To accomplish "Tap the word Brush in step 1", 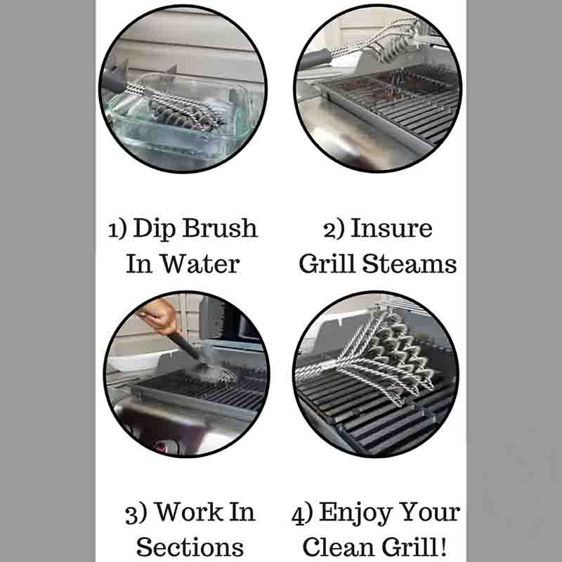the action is (220, 228).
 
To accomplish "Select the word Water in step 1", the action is (200, 264).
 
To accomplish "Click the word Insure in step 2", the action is (391, 228).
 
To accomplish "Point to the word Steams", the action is (410, 264).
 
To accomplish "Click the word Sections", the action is (190, 547).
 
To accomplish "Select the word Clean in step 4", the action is (339, 547).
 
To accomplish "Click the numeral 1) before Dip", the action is (117, 230).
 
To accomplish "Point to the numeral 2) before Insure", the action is (334, 230).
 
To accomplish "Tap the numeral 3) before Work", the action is (136, 514).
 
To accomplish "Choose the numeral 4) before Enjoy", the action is (303, 514).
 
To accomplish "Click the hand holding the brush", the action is (160, 315).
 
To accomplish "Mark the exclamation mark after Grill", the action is (443, 547).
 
